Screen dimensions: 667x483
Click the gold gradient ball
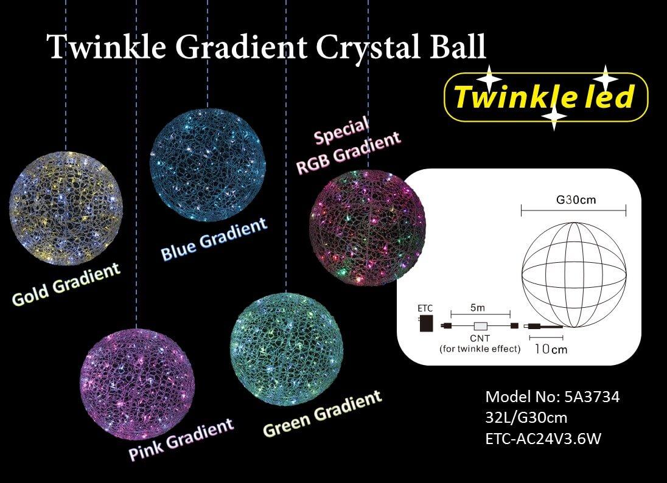click(x=66, y=208)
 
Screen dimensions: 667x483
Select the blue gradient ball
click(x=208, y=164)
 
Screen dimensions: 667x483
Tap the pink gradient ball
click(x=137, y=385)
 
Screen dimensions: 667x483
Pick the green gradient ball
click(x=286, y=349)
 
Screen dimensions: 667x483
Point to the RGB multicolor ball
click(x=368, y=227)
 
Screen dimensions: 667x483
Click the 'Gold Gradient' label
click(x=66, y=284)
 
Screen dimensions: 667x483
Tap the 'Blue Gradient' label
click(x=214, y=239)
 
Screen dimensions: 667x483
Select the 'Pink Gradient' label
click(x=181, y=439)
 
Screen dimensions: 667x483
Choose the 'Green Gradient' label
click(x=323, y=413)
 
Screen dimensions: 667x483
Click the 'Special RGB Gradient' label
click(x=348, y=146)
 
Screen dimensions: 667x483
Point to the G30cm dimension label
click(x=576, y=200)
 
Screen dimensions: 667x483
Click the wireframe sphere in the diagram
click(x=574, y=274)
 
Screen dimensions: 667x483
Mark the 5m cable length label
click(x=478, y=307)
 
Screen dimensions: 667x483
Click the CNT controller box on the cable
click(x=481, y=327)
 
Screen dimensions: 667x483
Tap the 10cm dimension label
click(x=551, y=349)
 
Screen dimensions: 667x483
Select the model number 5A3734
click(x=592, y=397)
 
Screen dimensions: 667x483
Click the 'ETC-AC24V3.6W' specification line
click(x=543, y=439)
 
